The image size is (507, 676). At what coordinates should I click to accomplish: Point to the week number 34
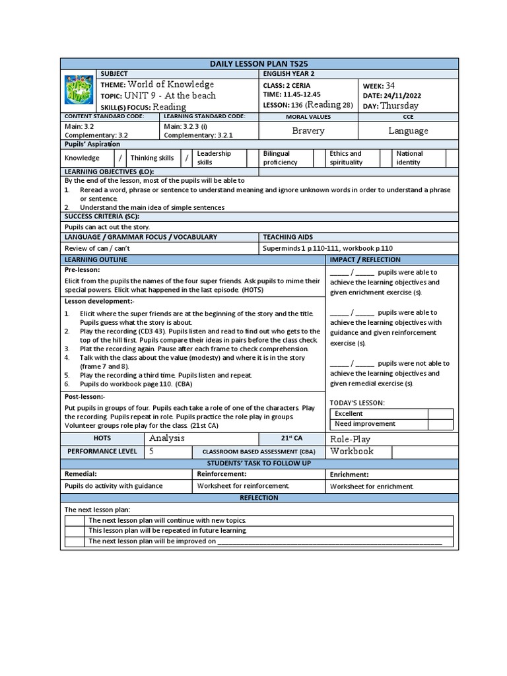(x=390, y=85)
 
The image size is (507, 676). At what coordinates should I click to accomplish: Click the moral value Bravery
(x=308, y=131)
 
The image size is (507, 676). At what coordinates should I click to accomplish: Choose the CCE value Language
(x=408, y=131)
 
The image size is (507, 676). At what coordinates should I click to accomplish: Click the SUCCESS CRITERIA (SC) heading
(x=101, y=216)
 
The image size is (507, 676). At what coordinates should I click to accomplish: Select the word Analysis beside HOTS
(x=167, y=438)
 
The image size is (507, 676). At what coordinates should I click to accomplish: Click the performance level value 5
(x=152, y=451)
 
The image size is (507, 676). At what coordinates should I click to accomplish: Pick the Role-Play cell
(x=350, y=438)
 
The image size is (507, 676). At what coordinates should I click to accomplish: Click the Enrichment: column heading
(x=349, y=474)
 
